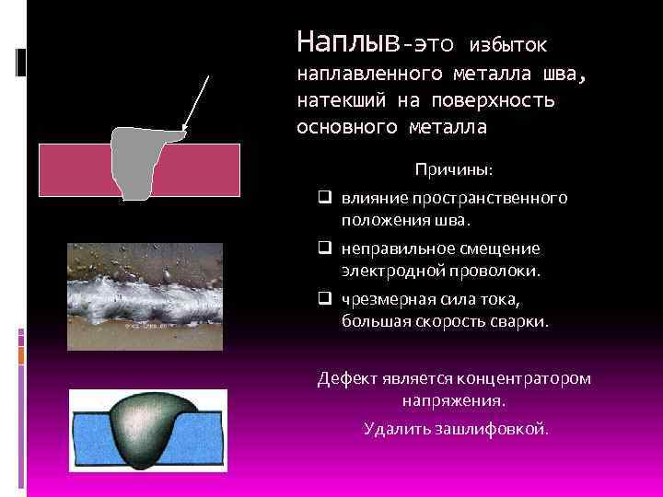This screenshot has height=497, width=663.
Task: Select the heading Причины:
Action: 453,170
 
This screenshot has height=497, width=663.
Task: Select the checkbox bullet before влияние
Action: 326,197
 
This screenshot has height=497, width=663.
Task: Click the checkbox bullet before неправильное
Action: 326,248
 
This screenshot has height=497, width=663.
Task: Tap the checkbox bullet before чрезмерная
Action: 326,299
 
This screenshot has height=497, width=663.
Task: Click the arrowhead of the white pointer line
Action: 184,129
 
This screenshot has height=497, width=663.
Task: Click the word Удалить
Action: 393,428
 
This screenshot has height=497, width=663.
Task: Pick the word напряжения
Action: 453,402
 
